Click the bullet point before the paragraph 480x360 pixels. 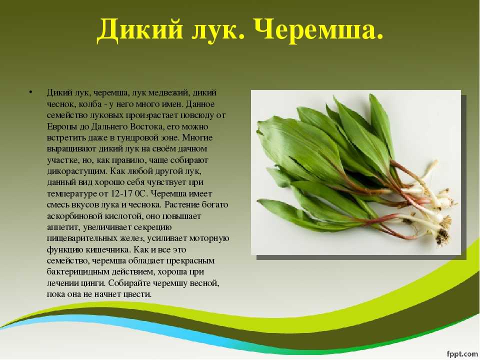pos(30,92)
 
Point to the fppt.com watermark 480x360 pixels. pos(462,353)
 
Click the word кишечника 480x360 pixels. pos(108,250)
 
